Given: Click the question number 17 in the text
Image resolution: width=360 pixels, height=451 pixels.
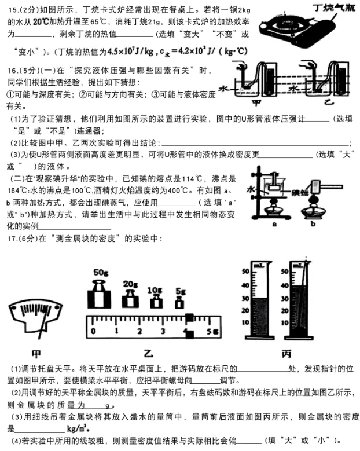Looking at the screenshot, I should (11, 239).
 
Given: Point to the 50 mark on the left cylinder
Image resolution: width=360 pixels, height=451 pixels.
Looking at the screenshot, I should (245, 271).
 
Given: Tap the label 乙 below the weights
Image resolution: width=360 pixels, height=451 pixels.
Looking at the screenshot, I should (146, 353).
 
